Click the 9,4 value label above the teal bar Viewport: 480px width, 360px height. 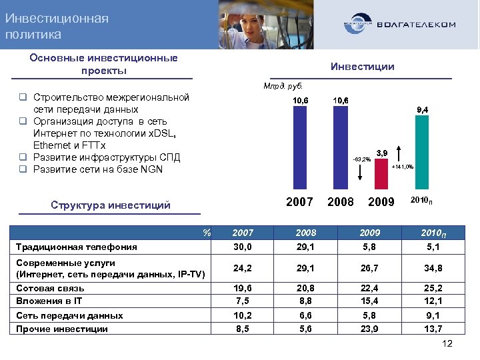tap(422, 109)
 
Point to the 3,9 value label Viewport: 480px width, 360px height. tap(382, 153)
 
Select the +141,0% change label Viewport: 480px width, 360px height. tap(403, 167)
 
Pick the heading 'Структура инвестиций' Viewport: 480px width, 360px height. tap(111, 205)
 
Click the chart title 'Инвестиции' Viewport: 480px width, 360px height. tap(363, 67)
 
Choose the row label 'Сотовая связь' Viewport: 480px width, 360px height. tap(50, 289)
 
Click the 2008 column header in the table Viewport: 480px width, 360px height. tap(306, 233)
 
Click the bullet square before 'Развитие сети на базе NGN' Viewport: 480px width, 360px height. tap(22, 169)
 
